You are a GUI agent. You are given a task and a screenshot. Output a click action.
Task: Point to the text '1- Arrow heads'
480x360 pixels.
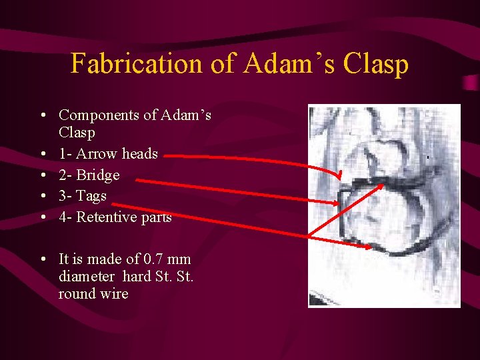108,154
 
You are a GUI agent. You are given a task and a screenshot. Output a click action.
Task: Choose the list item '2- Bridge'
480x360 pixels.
89,175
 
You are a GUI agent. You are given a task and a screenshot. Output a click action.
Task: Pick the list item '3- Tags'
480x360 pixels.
82,196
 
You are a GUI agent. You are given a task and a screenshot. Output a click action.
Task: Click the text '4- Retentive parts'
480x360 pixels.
115,217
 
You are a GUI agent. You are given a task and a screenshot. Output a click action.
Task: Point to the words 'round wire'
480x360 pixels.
93,294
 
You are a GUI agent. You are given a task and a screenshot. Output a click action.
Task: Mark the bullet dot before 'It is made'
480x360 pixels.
43,259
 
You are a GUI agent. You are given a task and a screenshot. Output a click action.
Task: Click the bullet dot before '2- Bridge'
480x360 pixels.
43,175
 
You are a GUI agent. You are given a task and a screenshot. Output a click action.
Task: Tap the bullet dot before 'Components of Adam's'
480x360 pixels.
43,115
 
